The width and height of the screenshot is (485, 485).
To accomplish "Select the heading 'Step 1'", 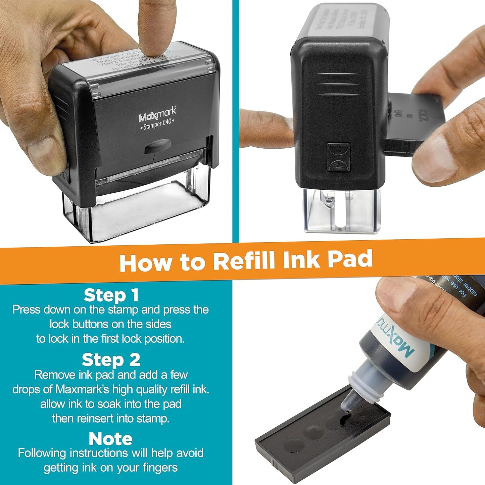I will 111,295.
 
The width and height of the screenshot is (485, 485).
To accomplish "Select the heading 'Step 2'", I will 111,360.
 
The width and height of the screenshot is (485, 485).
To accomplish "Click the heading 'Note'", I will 110,439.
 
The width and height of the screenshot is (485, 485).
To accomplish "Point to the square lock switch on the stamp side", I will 338,157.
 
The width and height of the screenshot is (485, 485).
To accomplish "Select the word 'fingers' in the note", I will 157,468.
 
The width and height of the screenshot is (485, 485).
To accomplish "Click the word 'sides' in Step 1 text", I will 158,324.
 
